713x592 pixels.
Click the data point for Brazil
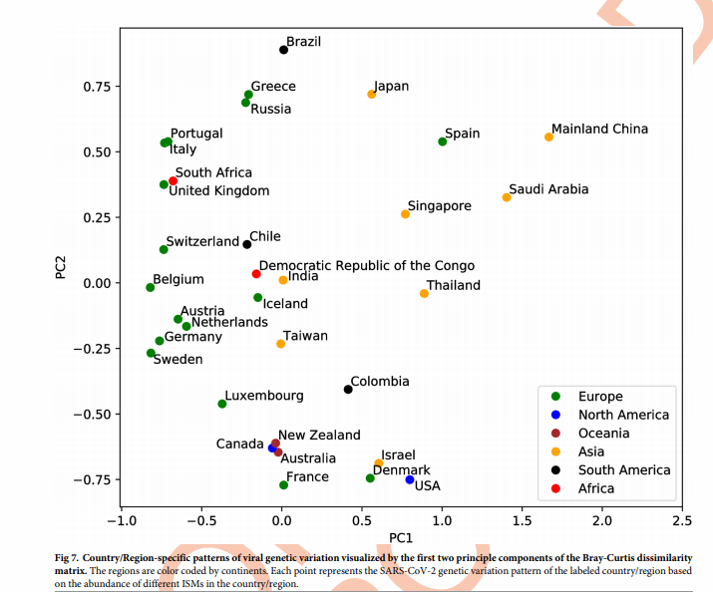click(283, 50)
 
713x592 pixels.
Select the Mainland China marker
click(548, 137)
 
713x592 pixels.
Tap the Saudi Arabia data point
click(507, 197)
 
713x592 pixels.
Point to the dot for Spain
click(443, 142)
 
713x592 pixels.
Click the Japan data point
click(372, 95)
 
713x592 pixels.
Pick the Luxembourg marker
click(222, 404)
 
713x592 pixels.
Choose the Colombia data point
click(348, 390)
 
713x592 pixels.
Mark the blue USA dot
click(410, 479)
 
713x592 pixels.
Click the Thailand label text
click(454, 285)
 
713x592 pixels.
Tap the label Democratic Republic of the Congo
click(367, 266)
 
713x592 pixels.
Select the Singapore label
click(439, 206)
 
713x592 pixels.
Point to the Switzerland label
click(202, 241)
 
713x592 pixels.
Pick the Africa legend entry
click(596, 488)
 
